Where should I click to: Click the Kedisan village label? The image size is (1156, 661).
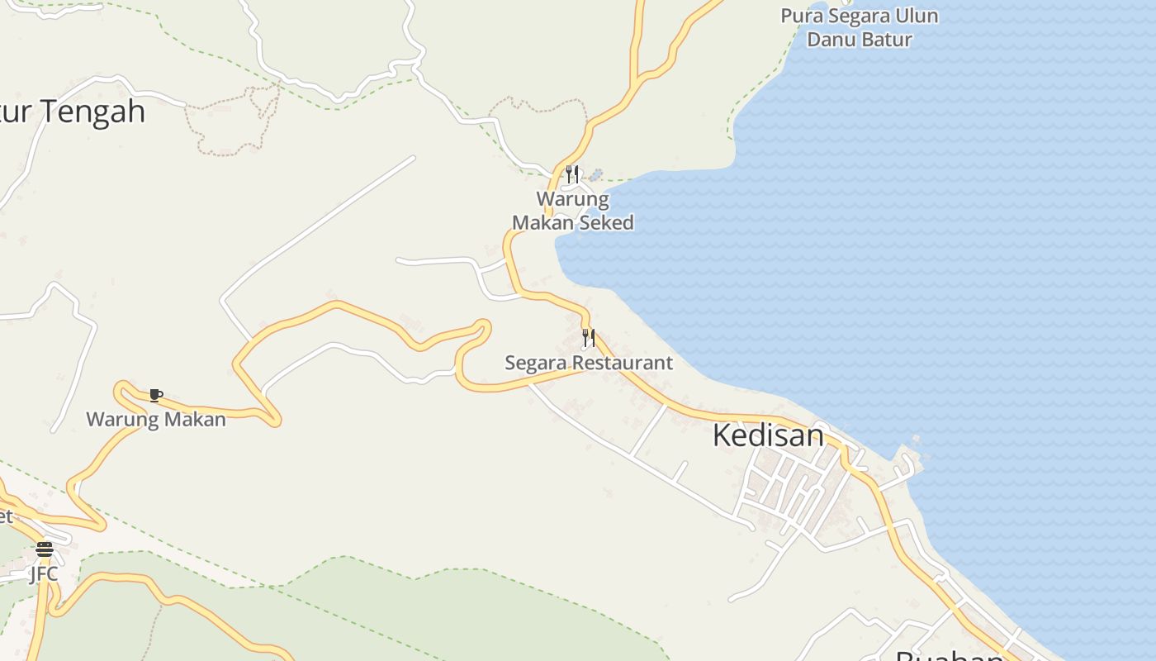[x=768, y=435]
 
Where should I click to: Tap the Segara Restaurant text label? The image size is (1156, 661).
[x=589, y=363]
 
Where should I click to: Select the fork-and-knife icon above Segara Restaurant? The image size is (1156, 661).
[x=588, y=337]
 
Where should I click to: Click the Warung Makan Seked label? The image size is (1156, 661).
[x=573, y=211]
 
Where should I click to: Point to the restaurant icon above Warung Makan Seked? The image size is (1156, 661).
[x=571, y=174]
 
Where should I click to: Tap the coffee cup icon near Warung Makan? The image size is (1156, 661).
[x=155, y=395]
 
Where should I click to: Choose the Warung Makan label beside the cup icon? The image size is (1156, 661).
[x=156, y=420]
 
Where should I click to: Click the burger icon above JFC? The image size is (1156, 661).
[x=45, y=549]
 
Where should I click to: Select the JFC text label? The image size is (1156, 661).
[x=44, y=573]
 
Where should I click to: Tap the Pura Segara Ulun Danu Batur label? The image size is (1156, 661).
[x=860, y=27]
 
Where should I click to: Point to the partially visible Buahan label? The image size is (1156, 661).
[x=950, y=655]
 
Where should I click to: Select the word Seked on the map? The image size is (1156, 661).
[x=606, y=222]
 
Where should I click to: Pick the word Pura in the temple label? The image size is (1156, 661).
[x=800, y=16]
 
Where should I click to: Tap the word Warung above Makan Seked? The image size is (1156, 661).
[x=573, y=199]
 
